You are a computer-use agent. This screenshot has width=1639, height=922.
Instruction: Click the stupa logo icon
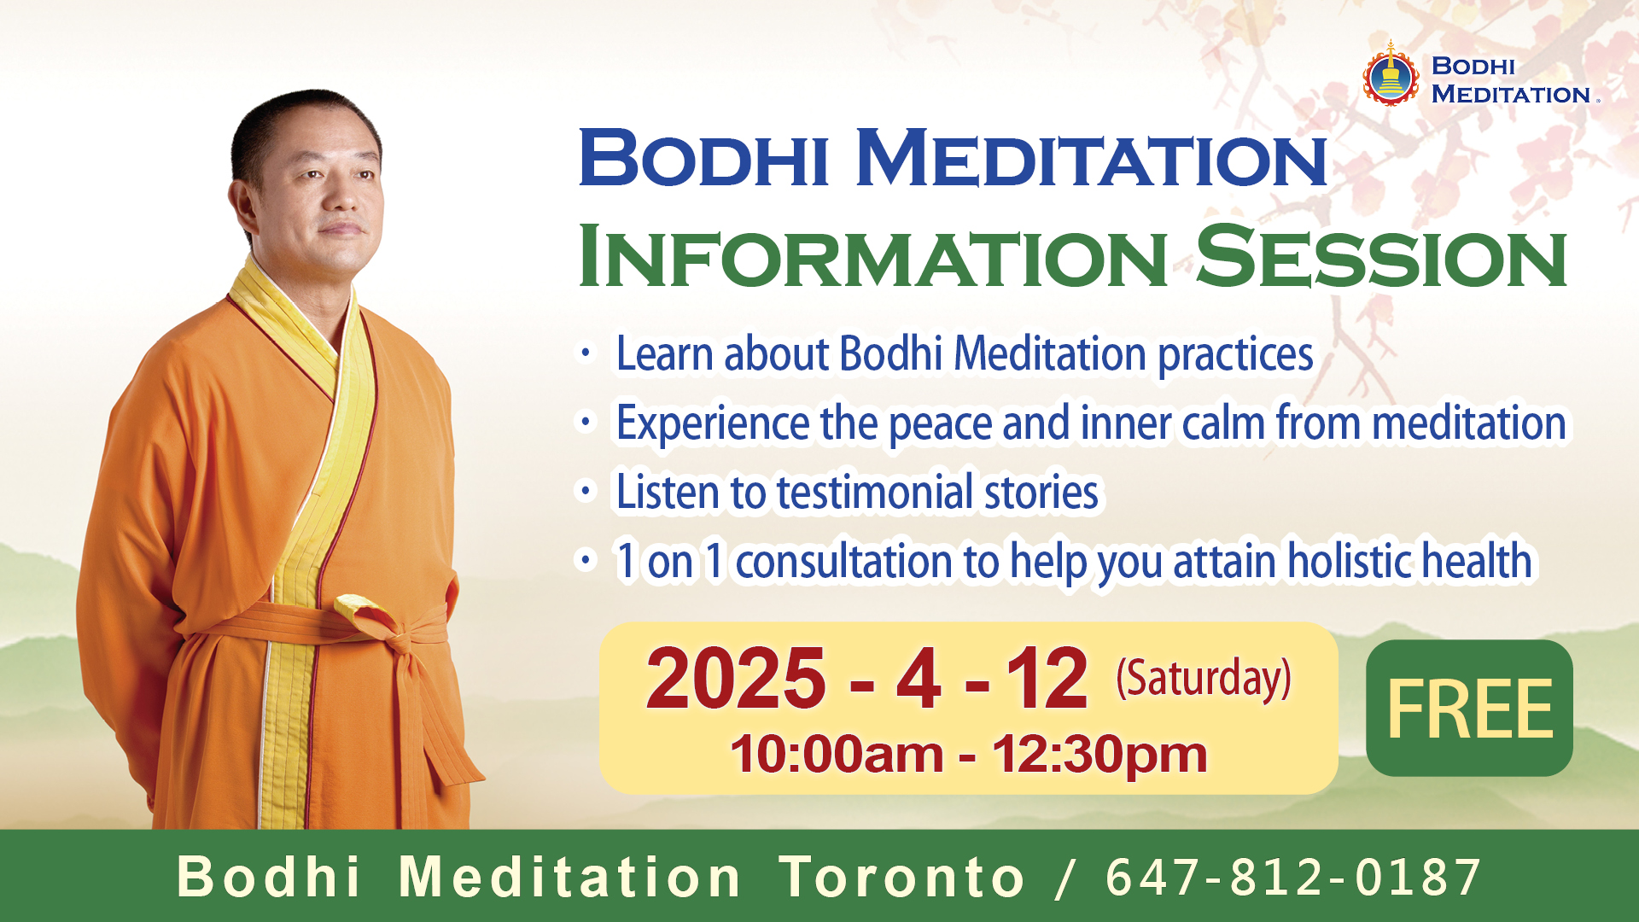pyautogui.click(x=1391, y=74)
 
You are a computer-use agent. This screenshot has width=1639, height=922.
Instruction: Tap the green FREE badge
pyautogui.click(x=1469, y=708)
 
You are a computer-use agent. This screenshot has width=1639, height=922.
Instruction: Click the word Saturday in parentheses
pyautogui.click(x=1204, y=679)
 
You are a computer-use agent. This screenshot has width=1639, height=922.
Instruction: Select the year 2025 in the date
pyautogui.click(x=736, y=679)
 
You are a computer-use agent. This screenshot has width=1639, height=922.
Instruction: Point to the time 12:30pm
pyautogui.click(x=1099, y=755)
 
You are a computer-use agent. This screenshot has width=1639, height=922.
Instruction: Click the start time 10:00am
pyautogui.click(x=837, y=755)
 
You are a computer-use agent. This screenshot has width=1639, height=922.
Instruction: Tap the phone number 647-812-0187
pyautogui.click(x=1292, y=877)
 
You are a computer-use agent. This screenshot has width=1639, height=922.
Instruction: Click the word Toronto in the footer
pyautogui.click(x=901, y=877)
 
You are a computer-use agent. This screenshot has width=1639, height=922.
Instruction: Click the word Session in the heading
pyautogui.click(x=1381, y=256)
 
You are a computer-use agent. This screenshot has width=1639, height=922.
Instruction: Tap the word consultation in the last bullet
pyautogui.click(x=844, y=561)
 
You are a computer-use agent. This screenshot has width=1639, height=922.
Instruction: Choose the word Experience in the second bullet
pyautogui.click(x=713, y=423)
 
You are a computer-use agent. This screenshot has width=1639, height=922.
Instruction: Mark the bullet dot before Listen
pyautogui.click(x=586, y=492)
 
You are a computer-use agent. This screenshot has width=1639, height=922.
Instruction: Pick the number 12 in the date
pyautogui.click(x=1047, y=679)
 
